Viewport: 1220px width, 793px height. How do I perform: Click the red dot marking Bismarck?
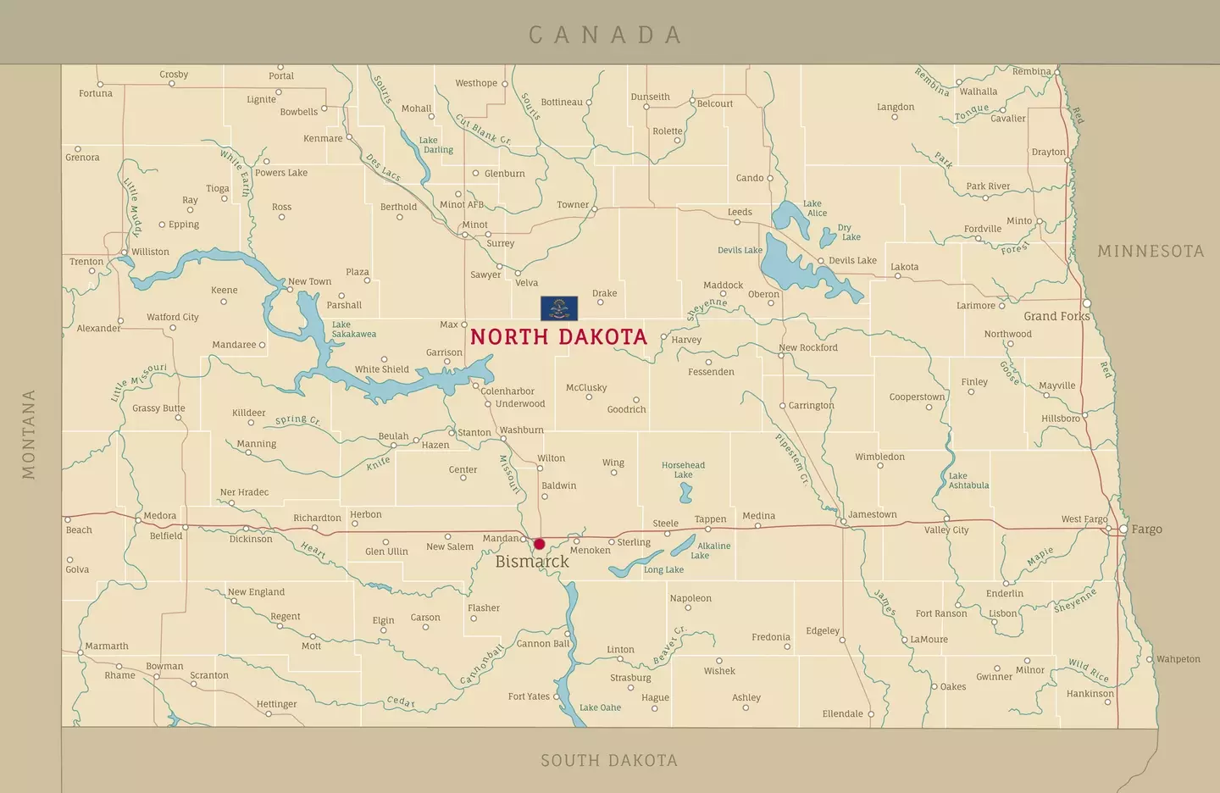(539, 544)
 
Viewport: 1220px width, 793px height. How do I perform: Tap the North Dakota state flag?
(559, 308)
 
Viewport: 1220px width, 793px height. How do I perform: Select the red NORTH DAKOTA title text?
(558, 337)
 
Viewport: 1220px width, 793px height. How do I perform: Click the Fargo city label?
(1146, 530)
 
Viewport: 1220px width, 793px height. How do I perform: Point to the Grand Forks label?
(1056, 316)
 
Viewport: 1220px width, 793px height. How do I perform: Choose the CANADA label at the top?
(605, 35)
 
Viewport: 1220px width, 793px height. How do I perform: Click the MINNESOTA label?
(1150, 252)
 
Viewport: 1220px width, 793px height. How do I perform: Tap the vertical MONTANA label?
(29, 434)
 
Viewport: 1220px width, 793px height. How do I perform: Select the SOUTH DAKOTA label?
(609, 761)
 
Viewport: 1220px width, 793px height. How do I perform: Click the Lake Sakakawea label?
(353, 330)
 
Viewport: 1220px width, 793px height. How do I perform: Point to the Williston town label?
(150, 252)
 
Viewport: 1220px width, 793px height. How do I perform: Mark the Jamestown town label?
(872, 514)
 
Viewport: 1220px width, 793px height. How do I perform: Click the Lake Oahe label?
(600, 707)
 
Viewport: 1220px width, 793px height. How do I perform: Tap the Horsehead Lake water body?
(685, 493)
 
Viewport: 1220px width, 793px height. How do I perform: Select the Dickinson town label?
(251, 539)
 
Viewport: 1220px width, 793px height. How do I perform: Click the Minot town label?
(474, 225)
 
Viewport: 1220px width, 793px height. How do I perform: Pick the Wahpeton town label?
(1178, 659)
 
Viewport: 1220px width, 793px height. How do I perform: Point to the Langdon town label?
(896, 107)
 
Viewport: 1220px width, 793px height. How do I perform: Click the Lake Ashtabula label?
(968, 480)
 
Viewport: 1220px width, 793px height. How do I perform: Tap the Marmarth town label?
(107, 646)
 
